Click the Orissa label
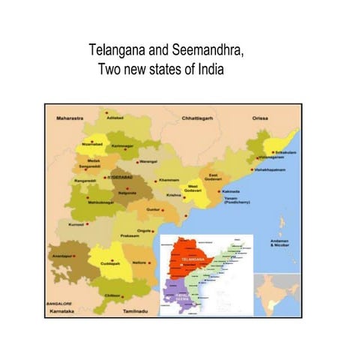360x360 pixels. pos(260,118)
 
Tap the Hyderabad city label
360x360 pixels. pos(119,177)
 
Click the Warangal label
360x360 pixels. pos(148,160)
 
